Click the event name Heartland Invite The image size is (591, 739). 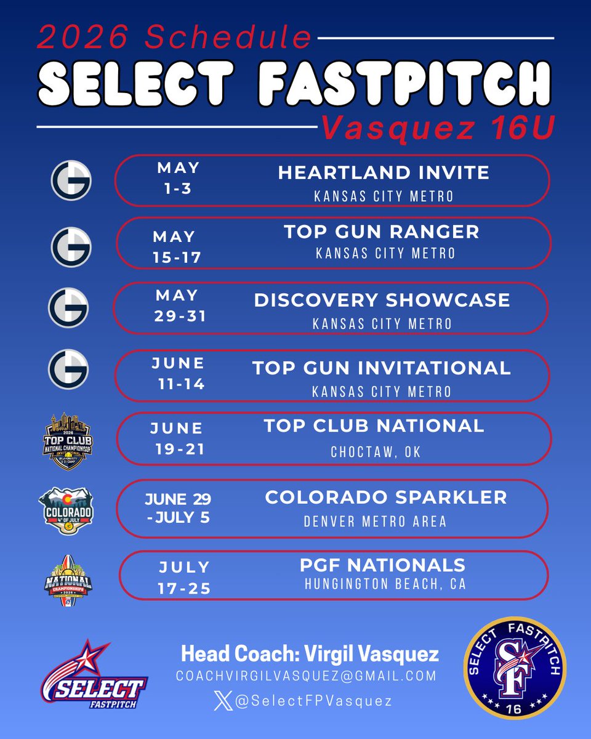point(384,173)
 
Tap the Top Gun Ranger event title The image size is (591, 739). point(381,232)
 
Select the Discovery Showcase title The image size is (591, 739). point(382,300)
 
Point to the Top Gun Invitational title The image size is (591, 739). point(382,368)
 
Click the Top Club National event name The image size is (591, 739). point(374,426)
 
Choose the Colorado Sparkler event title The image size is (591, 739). point(386,497)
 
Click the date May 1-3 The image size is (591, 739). point(178,177)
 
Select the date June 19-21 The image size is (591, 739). point(178,438)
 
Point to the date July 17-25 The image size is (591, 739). point(184,577)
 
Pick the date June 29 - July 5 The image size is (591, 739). point(177,507)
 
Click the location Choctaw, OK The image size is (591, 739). point(376,453)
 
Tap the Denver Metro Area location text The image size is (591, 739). point(376,522)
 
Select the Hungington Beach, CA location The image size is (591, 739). point(385,583)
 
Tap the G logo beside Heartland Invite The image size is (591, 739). point(71,179)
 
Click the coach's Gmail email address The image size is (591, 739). point(306,676)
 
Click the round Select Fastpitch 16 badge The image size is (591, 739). point(515,669)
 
